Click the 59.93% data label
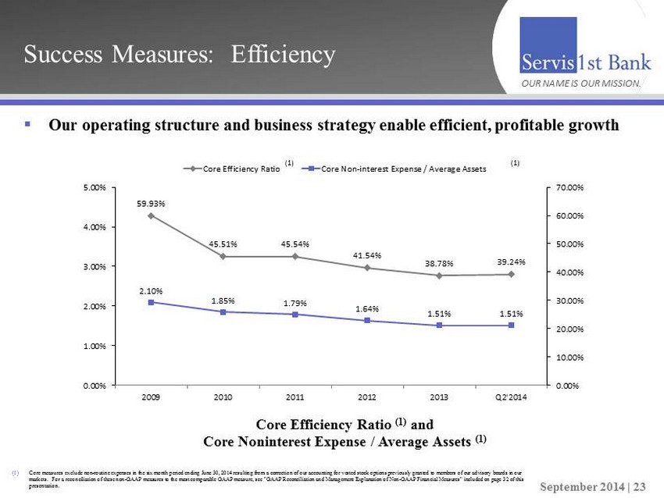[x=151, y=204]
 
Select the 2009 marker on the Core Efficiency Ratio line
[x=151, y=215]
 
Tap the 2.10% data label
[x=151, y=291]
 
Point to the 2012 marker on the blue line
[x=367, y=320]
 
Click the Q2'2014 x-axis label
[x=512, y=397]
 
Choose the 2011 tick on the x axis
[x=295, y=397]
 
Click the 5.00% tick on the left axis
[x=98, y=187]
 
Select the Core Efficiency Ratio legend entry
[x=231, y=168]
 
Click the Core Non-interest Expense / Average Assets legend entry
[x=398, y=168]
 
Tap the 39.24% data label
[x=512, y=262]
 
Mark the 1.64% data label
[x=367, y=309]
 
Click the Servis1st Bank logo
[x=580, y=62]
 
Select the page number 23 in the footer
[x=639, y=486]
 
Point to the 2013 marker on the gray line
[x=439, y=275]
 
